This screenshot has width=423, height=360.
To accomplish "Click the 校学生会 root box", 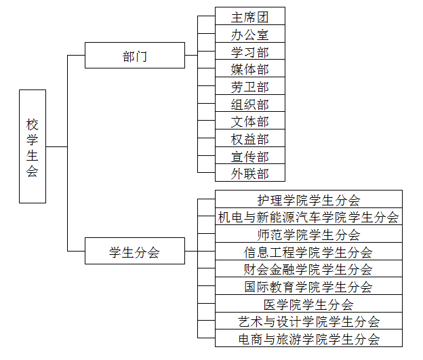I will pyautogui.click(x=33, y=146).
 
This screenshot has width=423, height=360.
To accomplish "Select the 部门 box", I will pyautogui.click(x=135, y=56).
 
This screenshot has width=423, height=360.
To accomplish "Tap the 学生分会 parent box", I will pyautogui.click(x=135, y=252).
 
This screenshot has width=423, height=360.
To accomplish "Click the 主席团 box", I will pyautogui.click(x=249, y=17).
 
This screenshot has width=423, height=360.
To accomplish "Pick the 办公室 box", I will pyautogui.click(x=249, y=35).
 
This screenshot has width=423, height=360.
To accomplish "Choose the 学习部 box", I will pyautogui.click(x=249, y=52).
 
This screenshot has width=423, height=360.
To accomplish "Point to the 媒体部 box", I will pyautogui.click(x=249, y=69).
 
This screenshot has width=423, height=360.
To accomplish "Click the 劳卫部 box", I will pyautogui.click(x=249, y=87).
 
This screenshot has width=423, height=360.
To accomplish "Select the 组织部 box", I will pyautogui.click(x=249, y=104).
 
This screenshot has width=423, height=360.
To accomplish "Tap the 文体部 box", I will pyautogui.click(x=249, y=121).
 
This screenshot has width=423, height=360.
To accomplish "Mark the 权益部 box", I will pyautogui.click(x=249, y=139).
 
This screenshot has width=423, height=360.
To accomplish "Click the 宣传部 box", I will pyautogui.click(x=249, y=157).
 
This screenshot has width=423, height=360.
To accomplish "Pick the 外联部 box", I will pyautogui.click(x=249, y=174).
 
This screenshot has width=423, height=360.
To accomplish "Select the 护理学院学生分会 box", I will pyautogui.click(x=308, y=199).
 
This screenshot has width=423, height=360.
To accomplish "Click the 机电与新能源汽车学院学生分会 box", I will pyautogui.click(x=308, y=217).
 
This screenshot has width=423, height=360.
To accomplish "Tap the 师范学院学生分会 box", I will pyautogui.click(x=308, y=235).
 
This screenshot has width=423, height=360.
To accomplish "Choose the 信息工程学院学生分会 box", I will pyautogui.click(x=308, y=252).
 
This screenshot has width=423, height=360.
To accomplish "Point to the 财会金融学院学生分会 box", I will pyautogui.click(x=308, y=269).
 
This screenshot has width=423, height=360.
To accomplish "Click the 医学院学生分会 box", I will pyautogui.click(x=308, y=304).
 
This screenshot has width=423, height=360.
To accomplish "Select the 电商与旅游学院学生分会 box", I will pyautogui.click(x=308, y=339).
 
